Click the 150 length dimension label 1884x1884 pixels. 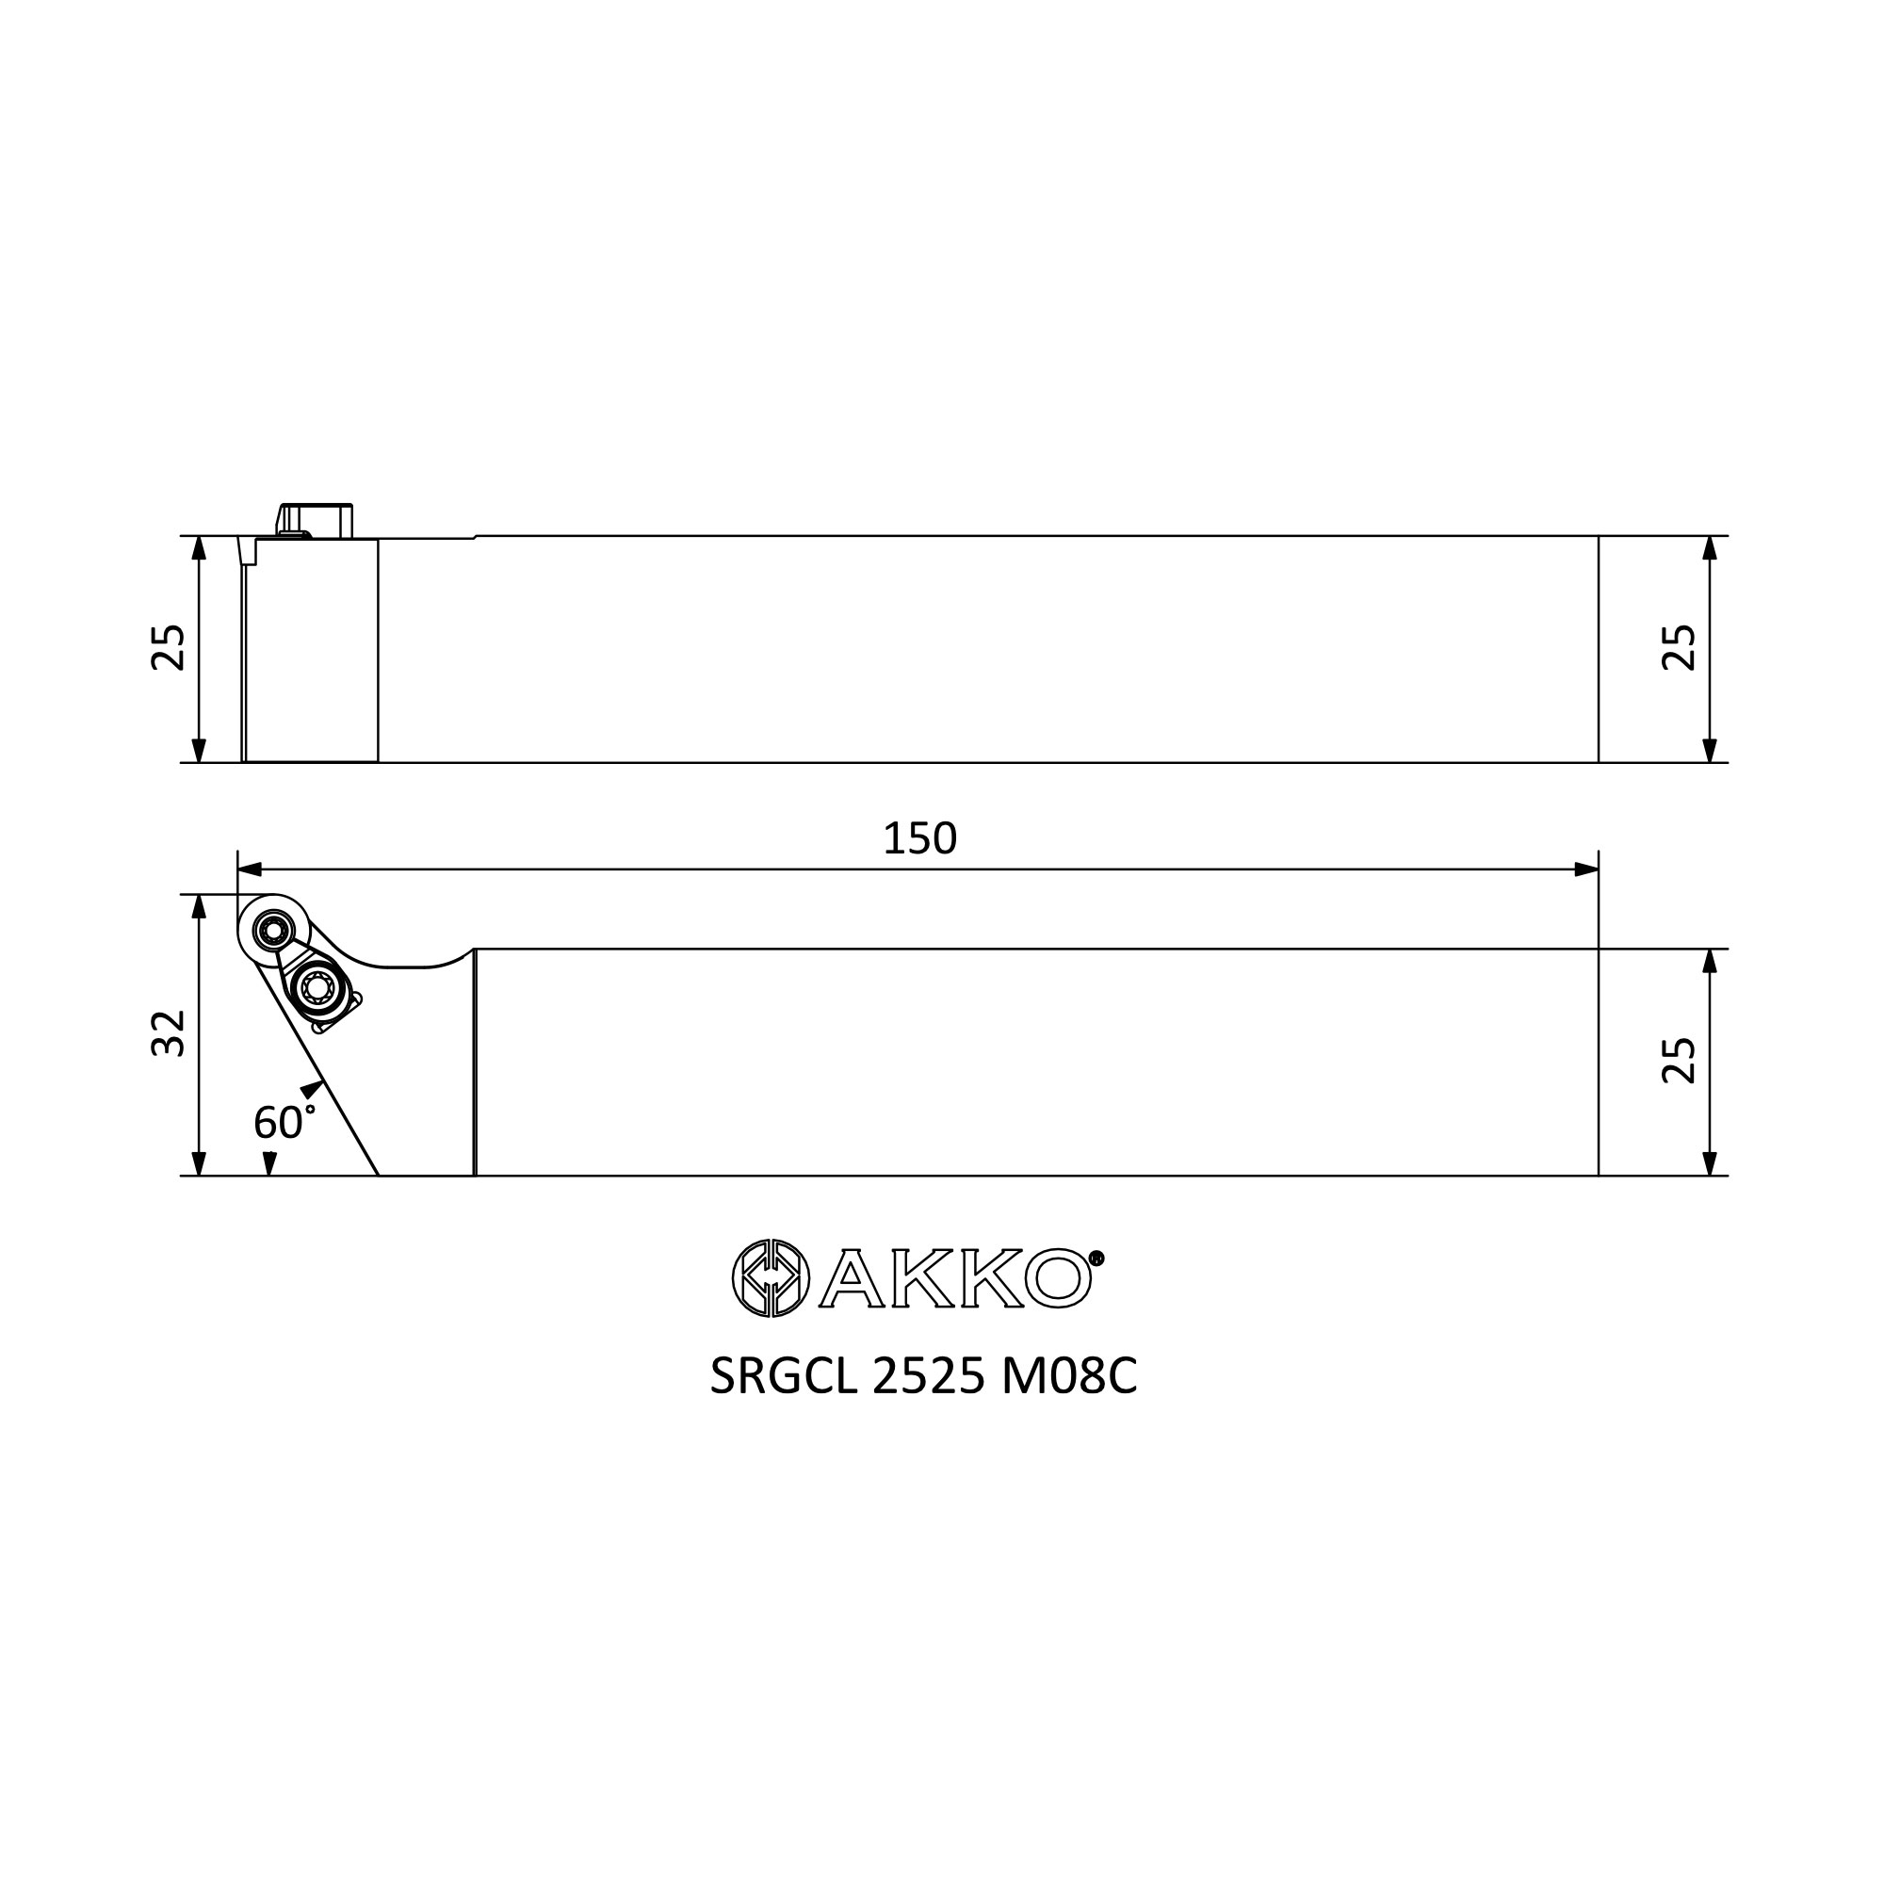[x=919, y=838]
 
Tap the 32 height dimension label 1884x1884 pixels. [x=169, y=1032]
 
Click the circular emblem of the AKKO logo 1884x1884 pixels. [x=771, y=1277]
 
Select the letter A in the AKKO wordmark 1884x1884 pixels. [x=852, y=1277]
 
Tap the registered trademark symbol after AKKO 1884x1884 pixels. [x=1096, y=1258]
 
